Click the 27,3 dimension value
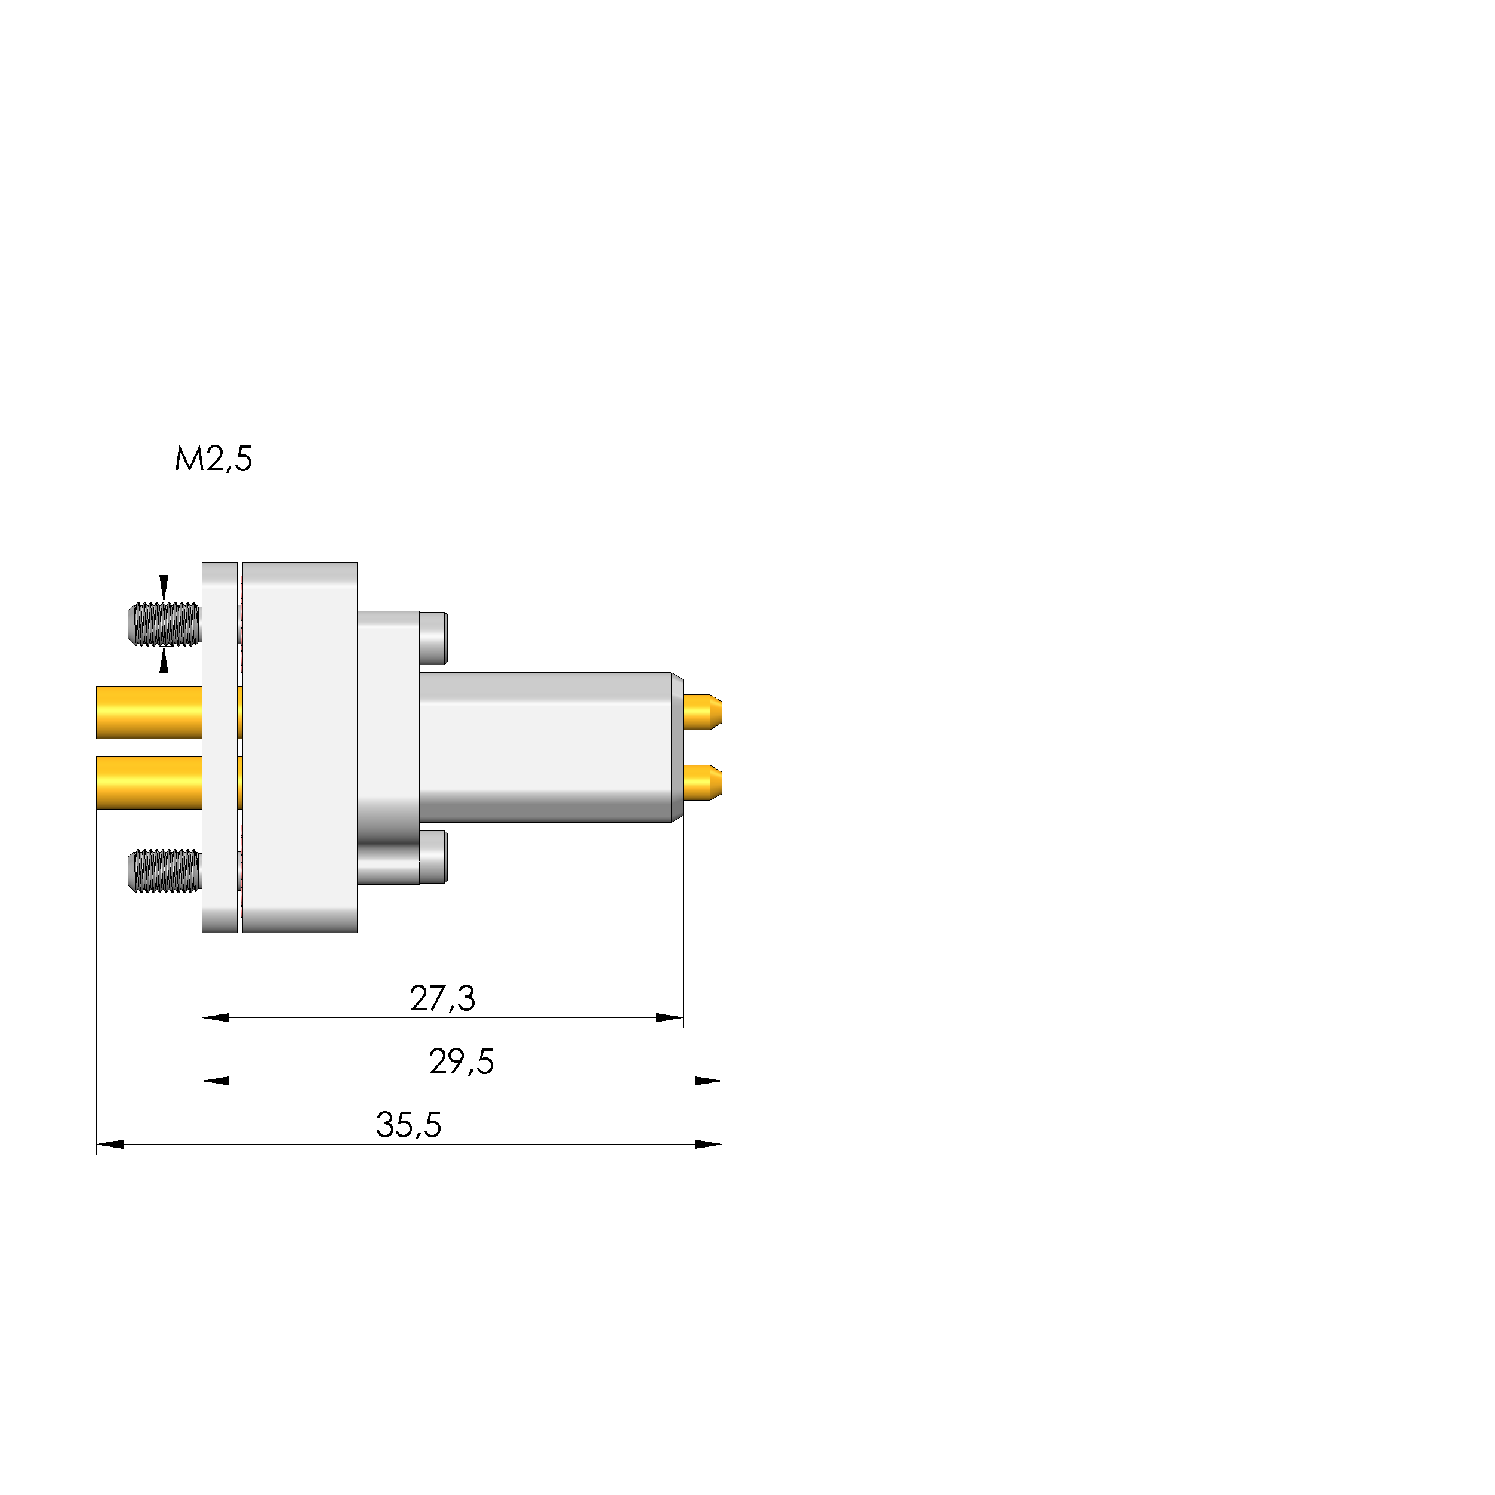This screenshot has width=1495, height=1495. pyautogui.click(x=442, y=998)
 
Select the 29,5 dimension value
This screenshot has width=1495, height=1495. pyautogui.click(x=461, y=1062)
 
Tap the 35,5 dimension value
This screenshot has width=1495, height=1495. pyautogui.click(x=408, y=1125)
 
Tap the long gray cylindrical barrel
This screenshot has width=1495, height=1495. pyautogui.click(x=546, y=748)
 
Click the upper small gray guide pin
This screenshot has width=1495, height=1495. pyautogui.click(x=433, y=638)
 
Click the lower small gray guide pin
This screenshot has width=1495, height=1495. pyautogui.click(x=433, y=857)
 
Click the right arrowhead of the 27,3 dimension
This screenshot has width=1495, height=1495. pyautogui.click(x=670, y=1017)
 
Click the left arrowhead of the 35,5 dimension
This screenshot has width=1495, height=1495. pyautogui.click(x=110, y=1145)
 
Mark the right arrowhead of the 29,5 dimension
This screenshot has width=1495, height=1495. pyautogui.click(x=709, y=1081)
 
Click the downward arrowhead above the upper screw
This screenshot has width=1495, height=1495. pyautogui.click(x=163, y=587)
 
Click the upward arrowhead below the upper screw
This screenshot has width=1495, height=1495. pyautogui.click(x=163, y=662)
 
